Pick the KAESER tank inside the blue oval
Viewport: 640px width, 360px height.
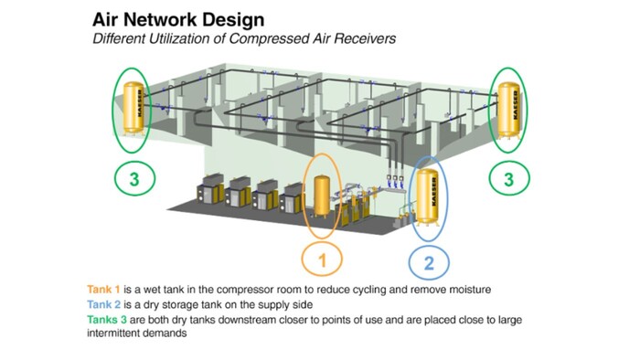[425, 195]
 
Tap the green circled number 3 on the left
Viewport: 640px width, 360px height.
[134, 179]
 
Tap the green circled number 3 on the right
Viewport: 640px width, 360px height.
[508, 179]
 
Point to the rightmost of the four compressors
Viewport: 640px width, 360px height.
[293, 196]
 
